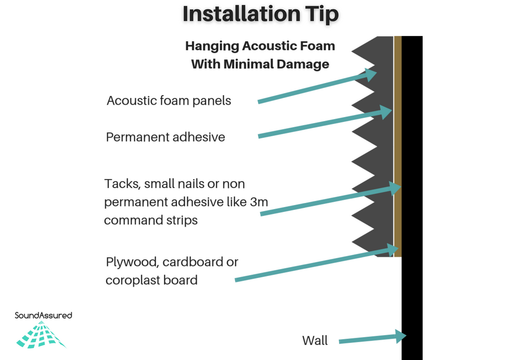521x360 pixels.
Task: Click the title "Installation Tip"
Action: pos(260,14)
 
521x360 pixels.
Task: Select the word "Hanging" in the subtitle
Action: pos(212,46)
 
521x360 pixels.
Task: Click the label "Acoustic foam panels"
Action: pos(169,100)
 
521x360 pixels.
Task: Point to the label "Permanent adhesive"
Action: pos(165,137)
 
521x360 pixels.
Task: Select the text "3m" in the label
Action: pos(259,201)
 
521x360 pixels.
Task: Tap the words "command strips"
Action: pos(151,220)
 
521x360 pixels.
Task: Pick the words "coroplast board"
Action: pos(152,280)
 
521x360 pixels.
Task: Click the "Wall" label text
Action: pos(315,340)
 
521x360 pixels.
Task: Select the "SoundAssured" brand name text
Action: pos(43,315)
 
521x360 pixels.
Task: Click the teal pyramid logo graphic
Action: pos(41,335)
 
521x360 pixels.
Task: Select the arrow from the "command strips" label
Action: pos(331,199)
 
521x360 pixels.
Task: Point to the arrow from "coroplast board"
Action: pos(316,263)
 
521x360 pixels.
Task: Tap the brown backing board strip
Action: pos(398,146)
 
